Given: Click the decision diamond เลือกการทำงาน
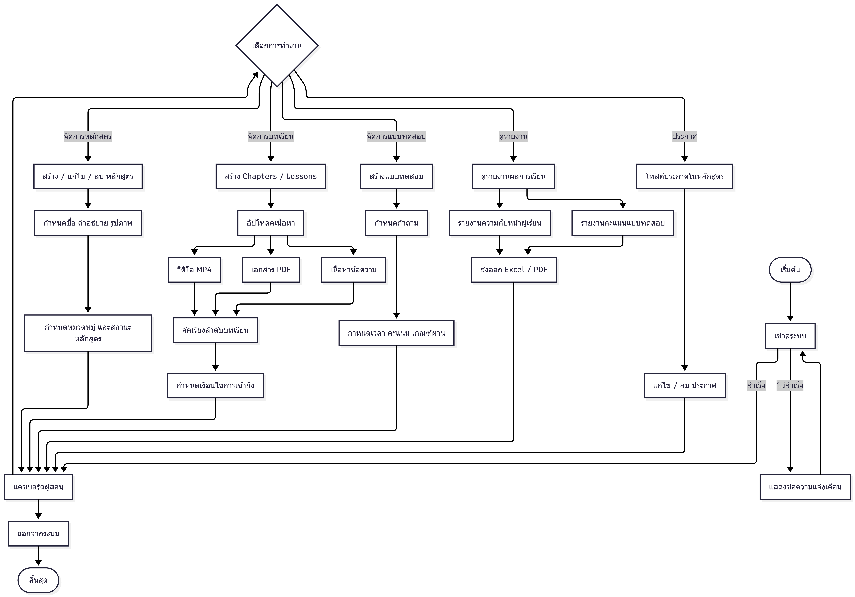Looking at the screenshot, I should pos(277,45).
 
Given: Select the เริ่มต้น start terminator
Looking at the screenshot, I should pos(790,269).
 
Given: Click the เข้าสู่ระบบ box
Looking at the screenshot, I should pos(790,336).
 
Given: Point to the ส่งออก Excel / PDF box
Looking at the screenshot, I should pos(514,269).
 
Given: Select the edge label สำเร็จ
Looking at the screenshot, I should pos(756,385).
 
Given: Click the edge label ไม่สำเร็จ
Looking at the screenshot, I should pos(790,385).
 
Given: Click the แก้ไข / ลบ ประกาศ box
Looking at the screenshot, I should pos(684,385).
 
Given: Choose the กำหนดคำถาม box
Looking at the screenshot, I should pos(396,223).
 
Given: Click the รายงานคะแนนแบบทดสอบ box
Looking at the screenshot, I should pos(623,223).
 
